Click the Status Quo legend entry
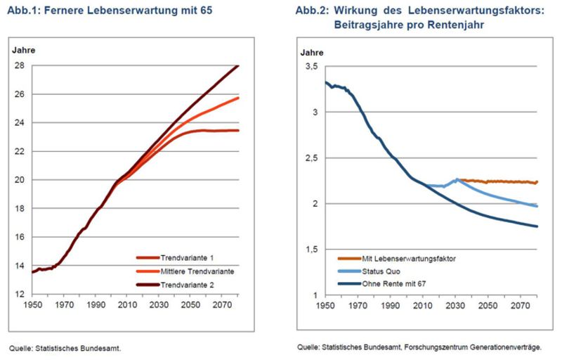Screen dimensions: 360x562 (x=379, y=271)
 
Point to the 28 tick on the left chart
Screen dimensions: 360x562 (x=19, y=65)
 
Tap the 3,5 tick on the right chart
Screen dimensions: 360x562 (x=309, y=66)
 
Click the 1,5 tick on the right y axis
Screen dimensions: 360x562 (x=309, y=249)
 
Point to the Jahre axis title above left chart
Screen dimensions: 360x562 (x=24, y=50)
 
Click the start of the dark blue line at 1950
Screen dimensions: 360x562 (x=325, y=82)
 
